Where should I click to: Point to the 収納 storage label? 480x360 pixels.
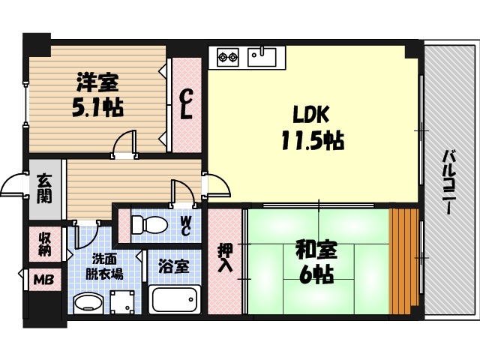coord(45,244)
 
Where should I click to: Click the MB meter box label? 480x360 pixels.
coord(42,280)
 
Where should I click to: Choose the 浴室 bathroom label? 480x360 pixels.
coord(173,265)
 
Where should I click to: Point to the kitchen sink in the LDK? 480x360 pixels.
coord(262,55)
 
